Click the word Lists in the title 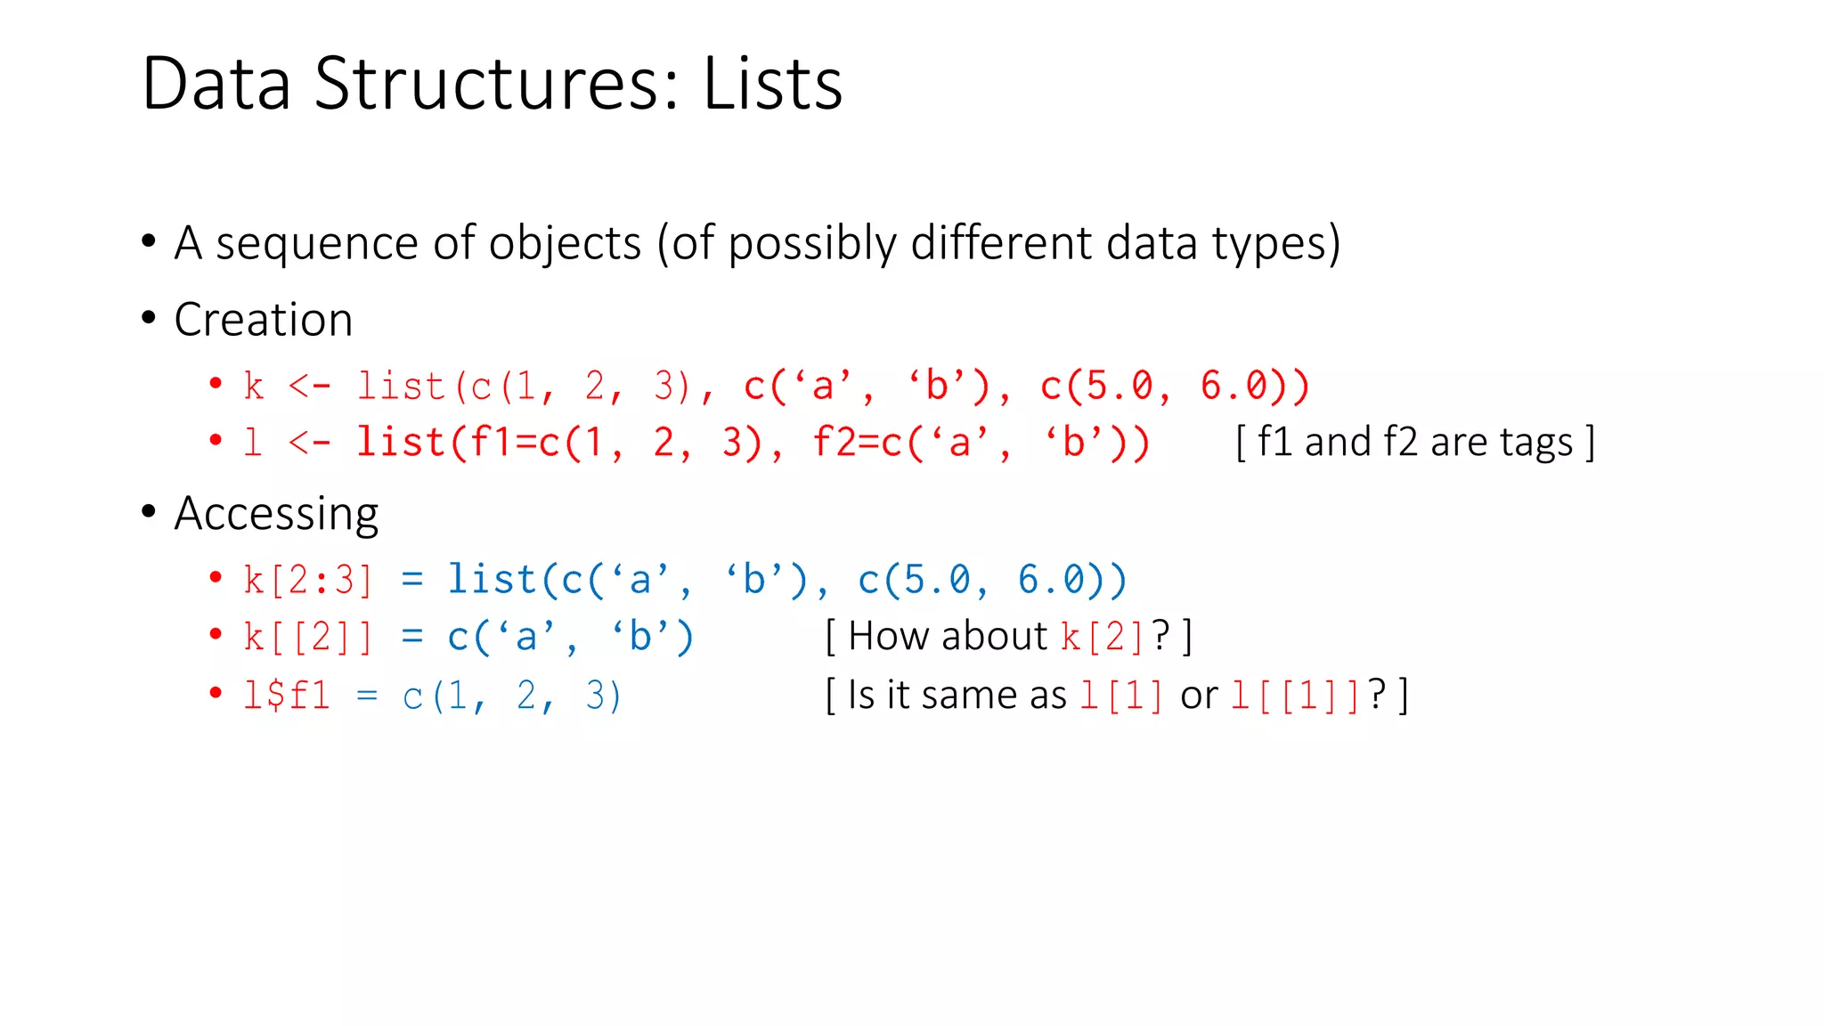pos(772,84)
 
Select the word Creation pos(264,320)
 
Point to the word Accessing pos(276,514)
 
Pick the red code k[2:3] pos(308,580)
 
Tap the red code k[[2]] pos(308,638)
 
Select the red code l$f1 pos(287,696)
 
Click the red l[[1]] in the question pos(1295,696)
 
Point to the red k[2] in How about pos(1103,637)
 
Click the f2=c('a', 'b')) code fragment pos(981,443)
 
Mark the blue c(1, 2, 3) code pos(512,696)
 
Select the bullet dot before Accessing pos(149,511)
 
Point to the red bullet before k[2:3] pos(216,578)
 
